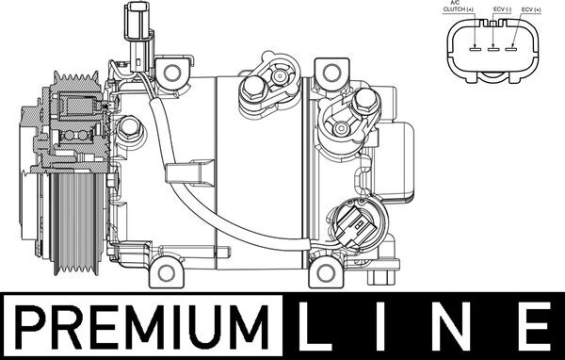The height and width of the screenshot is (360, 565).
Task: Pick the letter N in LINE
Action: pyautogui.click(x=455, y=330)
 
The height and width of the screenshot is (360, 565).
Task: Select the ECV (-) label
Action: pyautogui.click(x=501, y=8)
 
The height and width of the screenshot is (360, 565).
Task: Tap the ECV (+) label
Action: pyautogui.click(x=533, y=8)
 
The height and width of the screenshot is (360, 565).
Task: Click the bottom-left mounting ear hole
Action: pyautogui.click(x=167, y=274)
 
